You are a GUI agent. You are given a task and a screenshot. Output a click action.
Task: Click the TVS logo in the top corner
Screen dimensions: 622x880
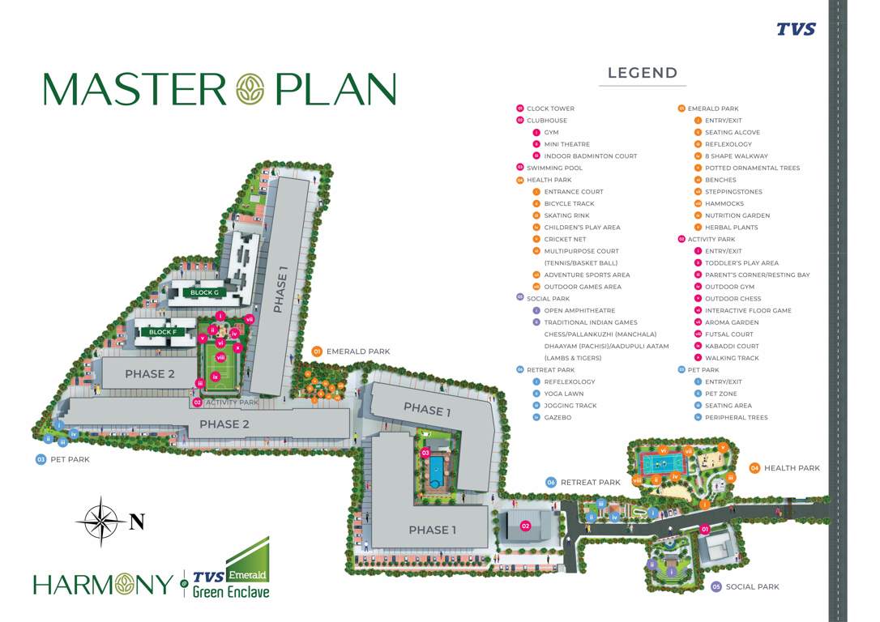(796, 29)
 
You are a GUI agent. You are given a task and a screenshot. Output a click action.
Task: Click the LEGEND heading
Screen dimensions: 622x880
(643, 73)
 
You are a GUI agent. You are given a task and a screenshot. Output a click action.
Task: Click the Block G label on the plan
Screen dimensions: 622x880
(204, 292)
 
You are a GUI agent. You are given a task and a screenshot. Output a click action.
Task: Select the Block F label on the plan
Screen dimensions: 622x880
(162, 332)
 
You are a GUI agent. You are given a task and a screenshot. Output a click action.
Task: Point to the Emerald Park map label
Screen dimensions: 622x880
(357, 351)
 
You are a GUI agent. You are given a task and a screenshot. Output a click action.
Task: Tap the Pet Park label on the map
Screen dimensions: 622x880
(68, 459)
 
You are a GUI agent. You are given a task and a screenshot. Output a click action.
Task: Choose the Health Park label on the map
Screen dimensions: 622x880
(791, 468)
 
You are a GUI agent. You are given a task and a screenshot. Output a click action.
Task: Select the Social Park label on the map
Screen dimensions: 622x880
(752, 586)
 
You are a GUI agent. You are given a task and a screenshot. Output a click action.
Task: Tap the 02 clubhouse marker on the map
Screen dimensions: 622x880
(525, 526)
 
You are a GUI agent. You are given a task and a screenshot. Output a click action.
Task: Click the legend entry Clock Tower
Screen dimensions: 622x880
(550, 109)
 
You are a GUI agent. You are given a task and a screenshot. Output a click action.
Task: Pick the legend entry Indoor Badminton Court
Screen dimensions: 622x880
(590, 156)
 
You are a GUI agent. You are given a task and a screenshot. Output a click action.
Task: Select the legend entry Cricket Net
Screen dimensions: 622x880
(565, 240)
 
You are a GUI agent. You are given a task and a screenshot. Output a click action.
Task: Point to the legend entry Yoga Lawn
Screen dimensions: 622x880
(563, 394)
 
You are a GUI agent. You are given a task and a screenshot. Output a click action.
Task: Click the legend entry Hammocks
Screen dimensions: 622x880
(724, 204)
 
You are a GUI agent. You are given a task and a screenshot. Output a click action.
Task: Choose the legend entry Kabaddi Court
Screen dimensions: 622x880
(732, 346)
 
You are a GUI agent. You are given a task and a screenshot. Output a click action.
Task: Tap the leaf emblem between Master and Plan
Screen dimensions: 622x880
(250, 89)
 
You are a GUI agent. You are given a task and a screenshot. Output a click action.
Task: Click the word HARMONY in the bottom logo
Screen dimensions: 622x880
(103, 584)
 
